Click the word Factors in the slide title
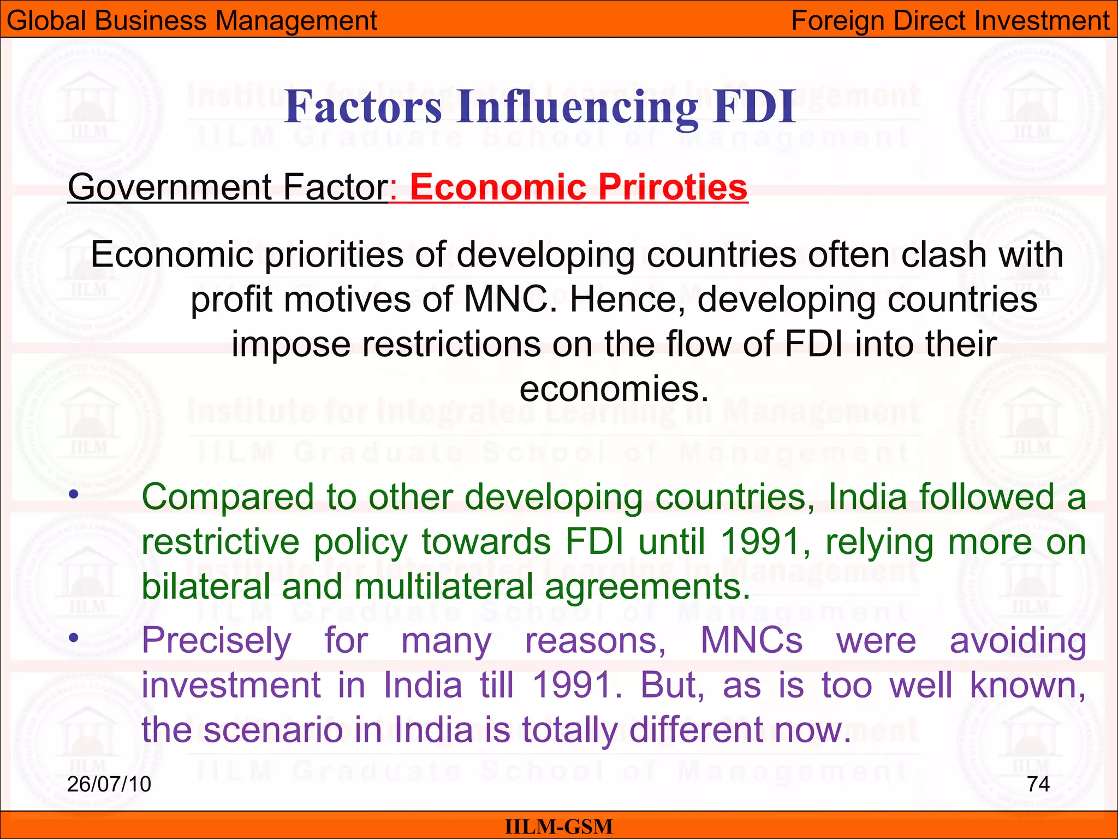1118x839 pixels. pos(363,107)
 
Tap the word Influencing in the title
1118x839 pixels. pos(578,108)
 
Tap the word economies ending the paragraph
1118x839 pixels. pos(614,389)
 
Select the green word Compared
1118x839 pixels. pos(228,498)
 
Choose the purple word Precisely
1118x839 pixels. pos(217,641)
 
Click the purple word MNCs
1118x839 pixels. pos(751,641)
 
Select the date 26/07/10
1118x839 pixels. pos(109,784)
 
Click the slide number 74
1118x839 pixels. pos(1038,784)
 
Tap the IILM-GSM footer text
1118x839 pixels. pos(558,827)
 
